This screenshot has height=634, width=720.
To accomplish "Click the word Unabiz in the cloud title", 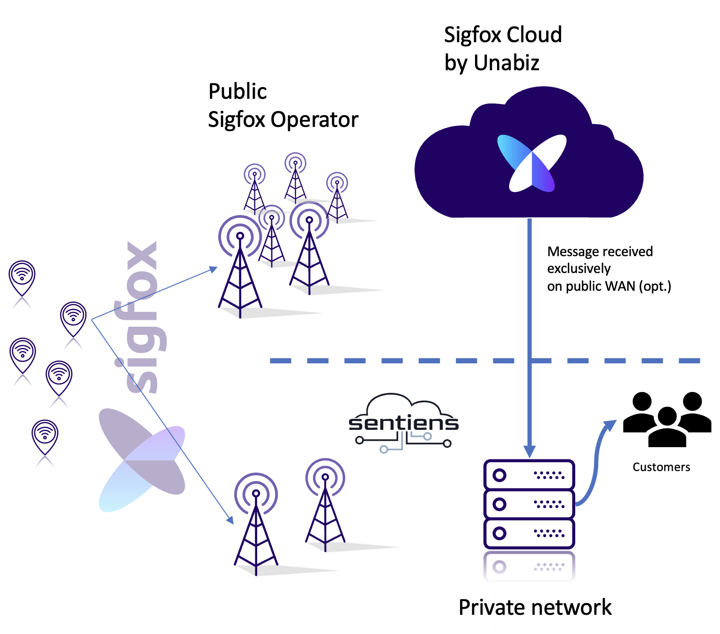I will coord(506,63).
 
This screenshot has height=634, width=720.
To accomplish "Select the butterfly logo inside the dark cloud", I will coord(532,163).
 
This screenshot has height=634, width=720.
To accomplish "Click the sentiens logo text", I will coord(403,423).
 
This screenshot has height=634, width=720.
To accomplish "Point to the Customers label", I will coord(661,467).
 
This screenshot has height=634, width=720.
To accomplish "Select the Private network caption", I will coord(535,607).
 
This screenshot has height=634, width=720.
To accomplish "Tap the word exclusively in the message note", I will coord(579,269).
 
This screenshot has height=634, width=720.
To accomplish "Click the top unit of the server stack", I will coord(529,475).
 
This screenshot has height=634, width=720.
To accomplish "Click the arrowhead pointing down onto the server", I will coord(529,451).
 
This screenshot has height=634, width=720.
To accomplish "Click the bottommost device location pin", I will coord(45,436).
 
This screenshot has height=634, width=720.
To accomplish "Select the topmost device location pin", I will coord(22,277).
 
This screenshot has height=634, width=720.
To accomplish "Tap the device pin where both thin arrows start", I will coord(74,318).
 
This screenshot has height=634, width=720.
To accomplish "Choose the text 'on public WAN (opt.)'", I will coord(609,286).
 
